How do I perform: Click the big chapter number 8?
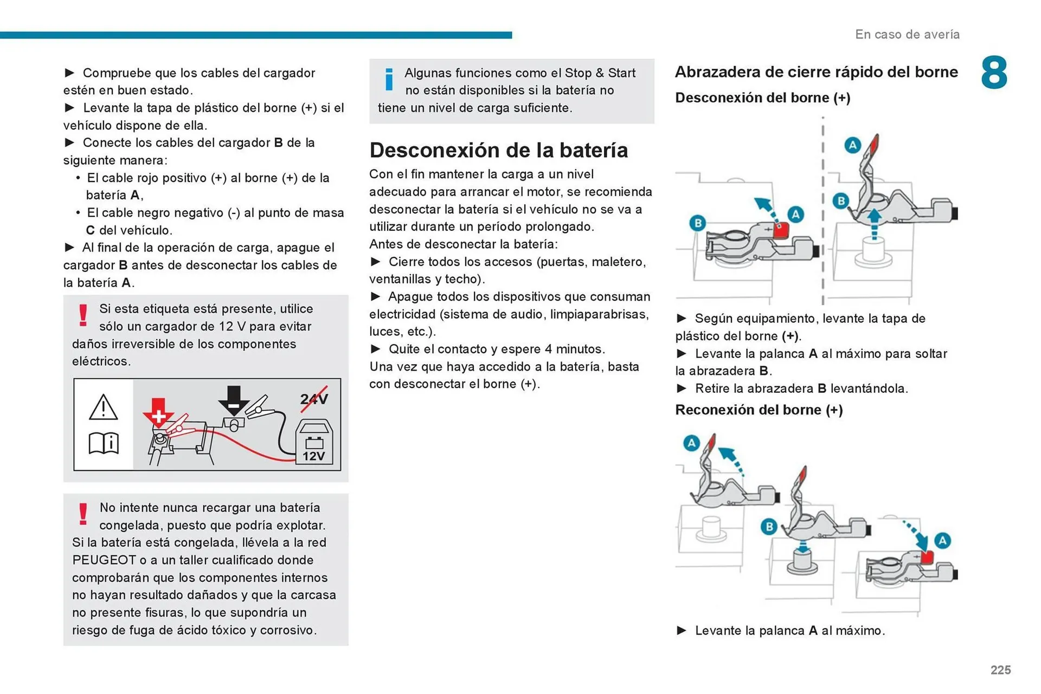click(994, 73)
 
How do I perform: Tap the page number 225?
click(1000, 670)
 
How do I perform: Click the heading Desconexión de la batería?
click(498, 150)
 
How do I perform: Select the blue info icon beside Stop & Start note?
click(389, 80)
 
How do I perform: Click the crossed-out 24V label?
click(314, 399)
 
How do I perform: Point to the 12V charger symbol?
click(314, 442)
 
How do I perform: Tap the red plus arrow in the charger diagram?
click(158, 413)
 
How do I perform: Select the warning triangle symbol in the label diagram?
click(103, 407)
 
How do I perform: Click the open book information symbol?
click(104, 443)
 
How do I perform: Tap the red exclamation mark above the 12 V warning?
click(83, 315)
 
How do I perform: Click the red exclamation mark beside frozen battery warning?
click(83, 514)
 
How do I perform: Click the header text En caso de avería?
click(907, 35)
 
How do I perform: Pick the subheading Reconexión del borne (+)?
click(759, 410)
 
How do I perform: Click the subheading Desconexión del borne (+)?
click(762, 98)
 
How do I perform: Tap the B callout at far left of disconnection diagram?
click(698, 223)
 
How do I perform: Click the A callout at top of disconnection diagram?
click(853, 145)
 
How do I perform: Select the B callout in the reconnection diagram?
click(769, 527)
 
